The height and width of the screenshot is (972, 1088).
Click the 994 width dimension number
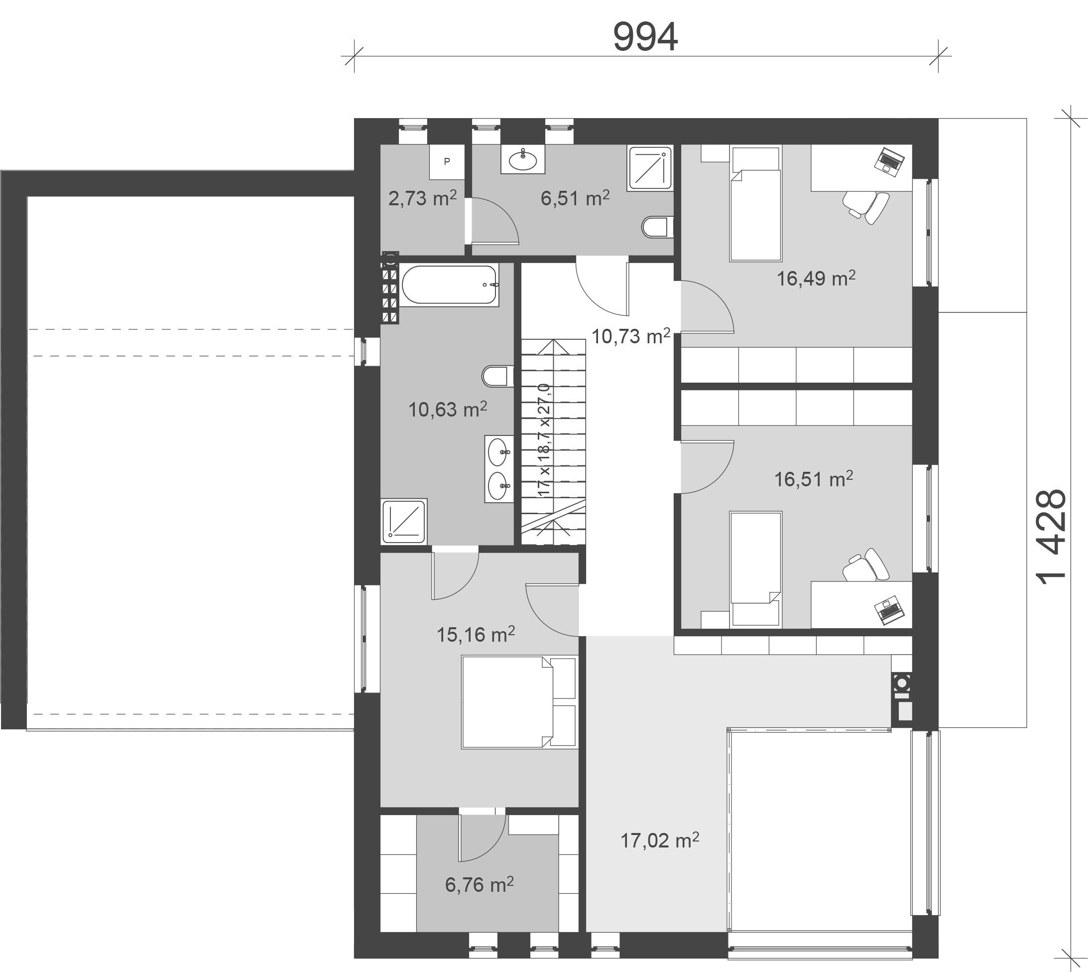pos(645,37)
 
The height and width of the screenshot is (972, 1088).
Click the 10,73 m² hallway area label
pos(630,336)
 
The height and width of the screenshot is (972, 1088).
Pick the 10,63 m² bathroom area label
pos(447,409)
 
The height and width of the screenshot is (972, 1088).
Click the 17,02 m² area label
pos(659,840)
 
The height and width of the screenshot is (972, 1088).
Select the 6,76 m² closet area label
pos(480,884)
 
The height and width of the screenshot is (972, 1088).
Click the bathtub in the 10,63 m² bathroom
pos(450,284)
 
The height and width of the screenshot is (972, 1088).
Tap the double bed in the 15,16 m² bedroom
pos(519,702)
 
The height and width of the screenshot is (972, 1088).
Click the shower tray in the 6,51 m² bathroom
pos(650,168)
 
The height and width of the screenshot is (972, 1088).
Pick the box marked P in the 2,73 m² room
pos(447,161)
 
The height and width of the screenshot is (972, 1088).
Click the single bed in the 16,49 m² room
pos(755,204)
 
